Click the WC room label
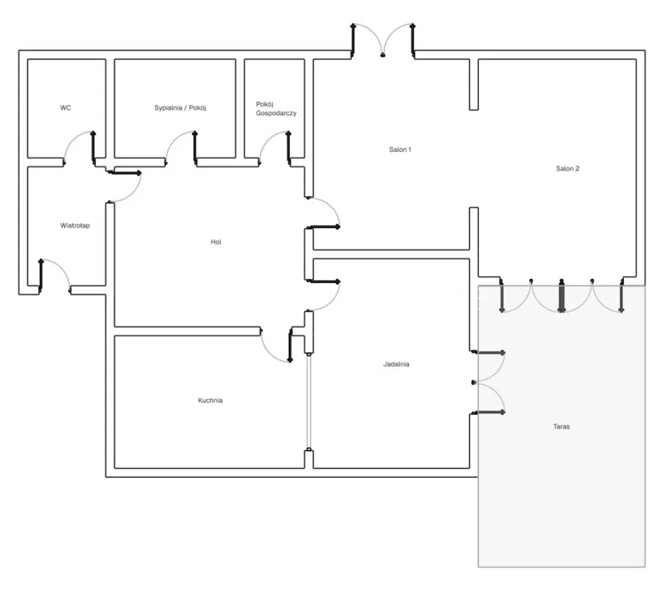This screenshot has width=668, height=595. [66, 108]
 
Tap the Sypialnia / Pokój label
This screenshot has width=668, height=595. [181, 108]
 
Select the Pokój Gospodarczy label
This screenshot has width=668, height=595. [276, 108]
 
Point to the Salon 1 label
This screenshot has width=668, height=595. [400, 150]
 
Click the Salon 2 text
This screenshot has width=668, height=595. [567, 168]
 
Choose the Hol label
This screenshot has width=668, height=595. [216, 242]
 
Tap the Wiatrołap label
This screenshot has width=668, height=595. [75, 225]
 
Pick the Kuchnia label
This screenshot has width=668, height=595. [210, 401]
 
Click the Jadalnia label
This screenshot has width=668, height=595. [396, 364]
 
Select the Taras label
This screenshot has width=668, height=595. [562, 426]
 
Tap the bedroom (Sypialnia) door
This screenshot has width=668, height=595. [181, 146]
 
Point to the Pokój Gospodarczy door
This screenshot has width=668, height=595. [274, 146]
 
